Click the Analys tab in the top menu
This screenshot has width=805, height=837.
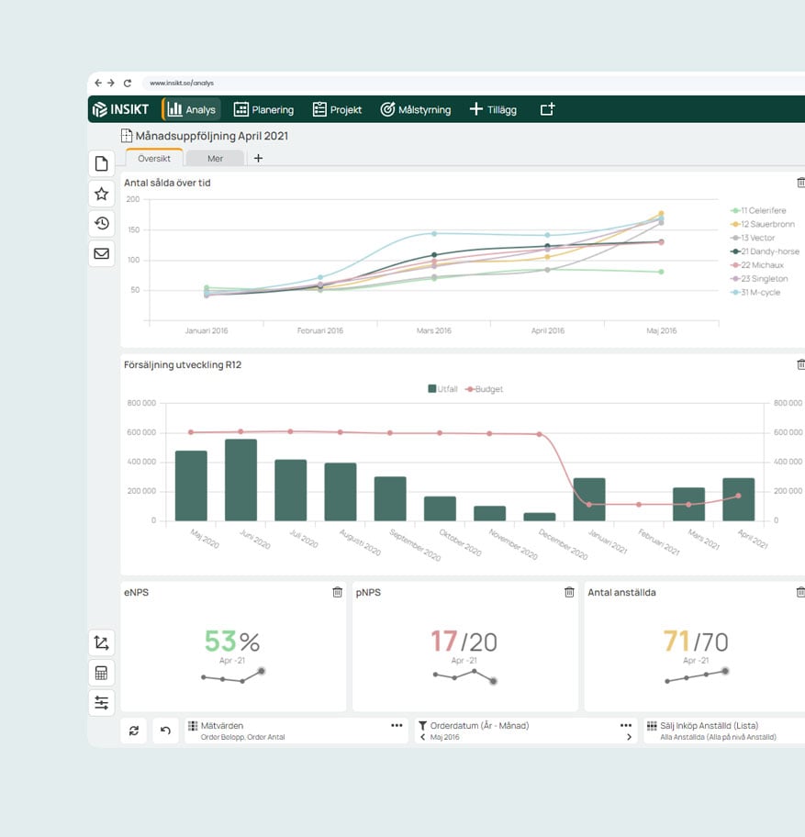pos(192,109)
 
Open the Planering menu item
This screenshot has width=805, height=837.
pos(263,109)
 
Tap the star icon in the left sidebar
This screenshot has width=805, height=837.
pos(102,194)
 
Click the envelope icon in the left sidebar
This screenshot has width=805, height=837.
pos(102,253)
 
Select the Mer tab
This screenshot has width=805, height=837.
pos(215,158)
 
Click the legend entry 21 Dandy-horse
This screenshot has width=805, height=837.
pos(765,251)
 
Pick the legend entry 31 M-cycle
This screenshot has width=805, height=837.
pos(759,292)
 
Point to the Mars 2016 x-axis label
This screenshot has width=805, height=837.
pos(434,330)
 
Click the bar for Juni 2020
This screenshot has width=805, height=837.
pos(240,480)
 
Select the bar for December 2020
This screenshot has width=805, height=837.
pos(539,517)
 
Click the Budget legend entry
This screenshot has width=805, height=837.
pos(485,389)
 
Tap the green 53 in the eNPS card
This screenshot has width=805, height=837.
pos(220,642)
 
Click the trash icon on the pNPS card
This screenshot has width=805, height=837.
pos(569,593)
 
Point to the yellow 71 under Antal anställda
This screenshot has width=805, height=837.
pos(676,642)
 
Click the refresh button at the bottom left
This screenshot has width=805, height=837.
pos(134,731)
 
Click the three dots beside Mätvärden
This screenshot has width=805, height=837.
pos(397,725)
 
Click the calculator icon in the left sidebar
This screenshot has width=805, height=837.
pos(102,673)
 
